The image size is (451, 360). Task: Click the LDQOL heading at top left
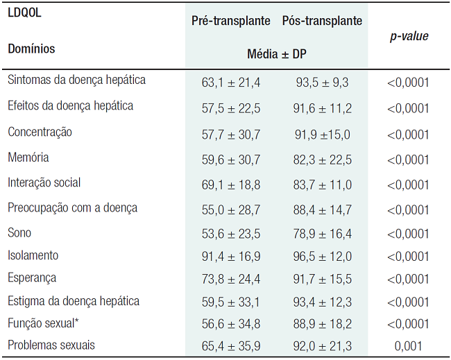click(25, 13)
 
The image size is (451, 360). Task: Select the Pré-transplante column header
click(231, 21)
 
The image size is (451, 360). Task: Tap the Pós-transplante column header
click(322, 21)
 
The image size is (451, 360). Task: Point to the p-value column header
click(409, 36)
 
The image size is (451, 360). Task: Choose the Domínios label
click(32, 49)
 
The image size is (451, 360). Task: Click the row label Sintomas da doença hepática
click(77, 80)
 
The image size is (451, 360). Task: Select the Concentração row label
click(40, 132)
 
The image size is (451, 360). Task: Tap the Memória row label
click(28, 157)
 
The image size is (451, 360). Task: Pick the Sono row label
click(19, 232)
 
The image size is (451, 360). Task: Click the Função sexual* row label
click(43, 323)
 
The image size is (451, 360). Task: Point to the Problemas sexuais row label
click(51, 345)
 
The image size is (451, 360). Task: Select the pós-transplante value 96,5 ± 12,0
click(322, 256)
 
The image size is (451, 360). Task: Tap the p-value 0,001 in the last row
click(409, 345)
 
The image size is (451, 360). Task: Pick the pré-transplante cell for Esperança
click(231, 279)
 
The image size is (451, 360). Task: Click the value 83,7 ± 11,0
click(322, 185)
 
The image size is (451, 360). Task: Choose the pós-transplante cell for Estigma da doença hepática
click(322, 302)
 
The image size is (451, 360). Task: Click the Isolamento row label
click(33, 255)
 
